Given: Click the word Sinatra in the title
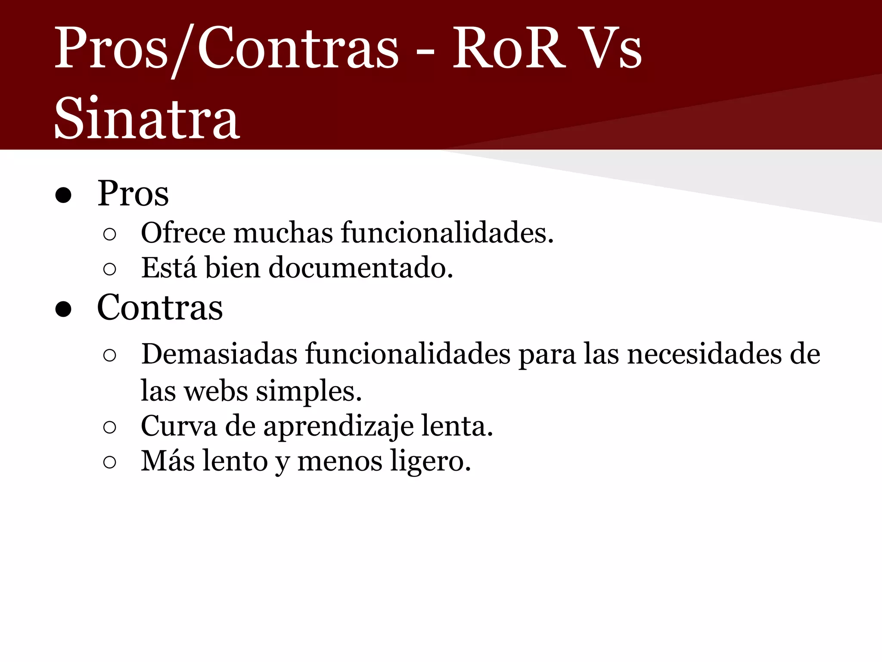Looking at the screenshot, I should pos(146,119).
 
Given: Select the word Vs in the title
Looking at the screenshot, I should pos(612,48).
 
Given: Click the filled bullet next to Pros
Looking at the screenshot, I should pos(63,195).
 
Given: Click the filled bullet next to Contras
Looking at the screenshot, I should pos(63,309).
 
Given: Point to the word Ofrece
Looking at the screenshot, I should pos(183,233).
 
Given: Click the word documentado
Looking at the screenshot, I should pos(361,268).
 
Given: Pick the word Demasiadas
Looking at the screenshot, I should pos(219,354).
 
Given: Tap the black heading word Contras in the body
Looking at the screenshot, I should pos(160,308).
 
